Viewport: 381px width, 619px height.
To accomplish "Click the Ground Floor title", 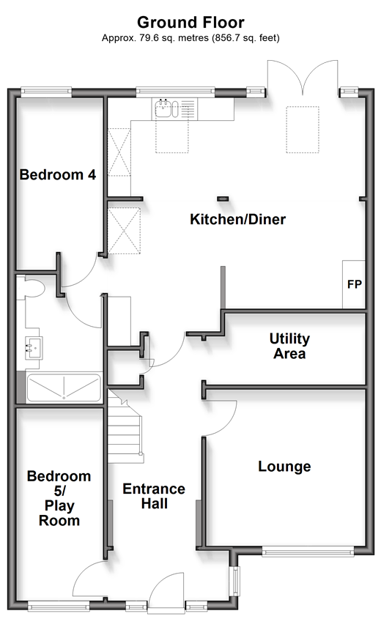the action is (190, 23).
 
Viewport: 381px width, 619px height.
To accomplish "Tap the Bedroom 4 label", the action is (58, 174).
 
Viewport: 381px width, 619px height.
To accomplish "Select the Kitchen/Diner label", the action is (237, 219).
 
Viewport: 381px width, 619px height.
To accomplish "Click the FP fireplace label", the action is (355, 284).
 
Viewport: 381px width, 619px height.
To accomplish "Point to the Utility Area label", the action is (289, 346).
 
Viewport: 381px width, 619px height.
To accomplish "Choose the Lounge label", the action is (284, 466).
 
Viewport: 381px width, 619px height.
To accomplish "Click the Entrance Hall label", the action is (154, 496).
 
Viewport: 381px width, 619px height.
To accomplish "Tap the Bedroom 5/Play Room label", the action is (59, 498).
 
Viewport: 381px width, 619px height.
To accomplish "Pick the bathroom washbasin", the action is (34, 348).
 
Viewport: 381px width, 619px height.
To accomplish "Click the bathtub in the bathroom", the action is (63, 388).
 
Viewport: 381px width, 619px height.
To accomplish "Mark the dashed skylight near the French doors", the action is (303, 130).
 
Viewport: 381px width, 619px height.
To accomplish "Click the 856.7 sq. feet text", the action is (246, 38).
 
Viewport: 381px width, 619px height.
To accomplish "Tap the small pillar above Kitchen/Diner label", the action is (223, 199).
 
